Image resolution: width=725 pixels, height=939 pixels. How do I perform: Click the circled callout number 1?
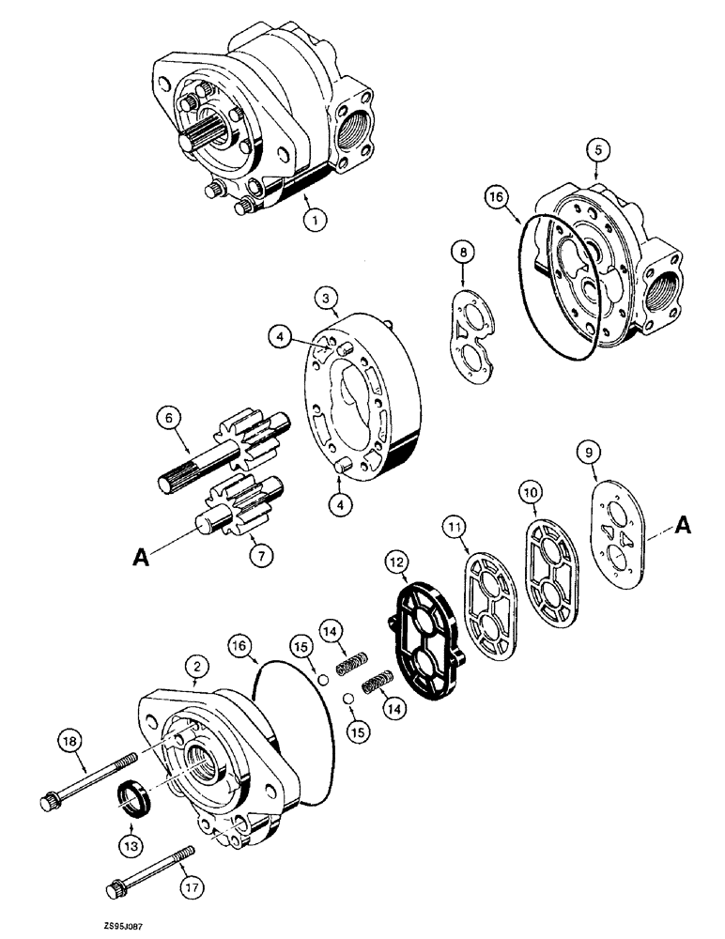coord(316,220)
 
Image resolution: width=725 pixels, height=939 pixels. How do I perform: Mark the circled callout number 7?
coord(261,555)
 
